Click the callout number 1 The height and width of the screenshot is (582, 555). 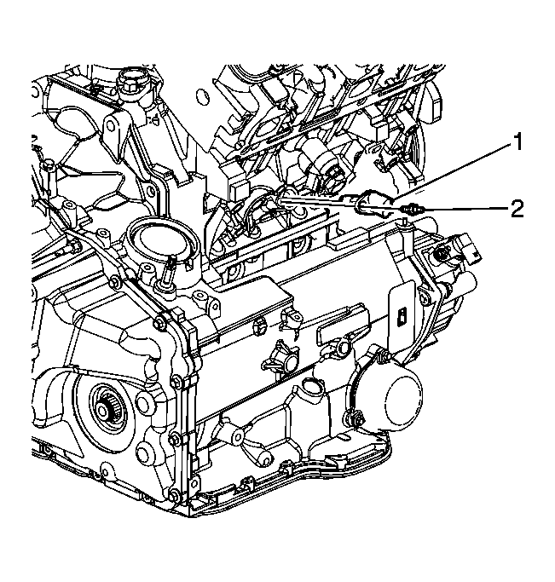click(x=517, y=143)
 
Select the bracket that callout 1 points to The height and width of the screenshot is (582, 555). click(x=375, y=205)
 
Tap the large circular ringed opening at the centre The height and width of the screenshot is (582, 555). click(x=160, y=242)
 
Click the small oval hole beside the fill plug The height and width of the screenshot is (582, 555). click(x=202, y=96)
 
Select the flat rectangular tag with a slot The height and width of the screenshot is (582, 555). click(x=402, y=312)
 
